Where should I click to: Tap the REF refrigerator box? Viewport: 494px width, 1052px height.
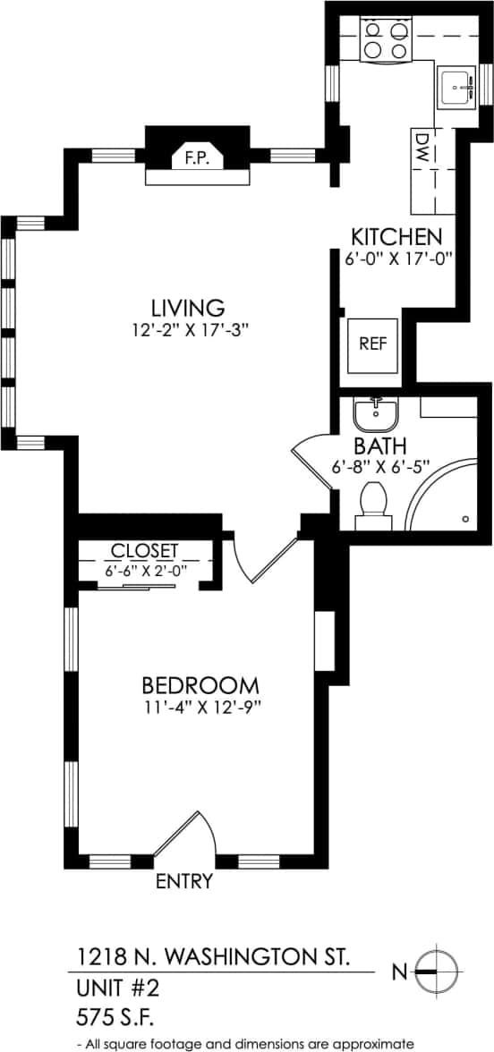click(x=374, y=344)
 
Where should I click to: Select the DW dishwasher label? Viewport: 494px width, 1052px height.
click(x=422, y=152)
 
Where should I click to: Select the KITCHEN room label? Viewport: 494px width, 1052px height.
click(x=396, y=237)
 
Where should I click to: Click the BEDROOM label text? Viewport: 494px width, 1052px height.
click(x=200, y=686)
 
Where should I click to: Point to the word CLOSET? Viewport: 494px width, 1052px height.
click(x=144, y=550)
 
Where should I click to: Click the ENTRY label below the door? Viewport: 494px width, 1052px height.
click(x=184, y=882)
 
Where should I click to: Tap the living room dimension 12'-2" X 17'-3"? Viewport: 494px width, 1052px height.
click(x=186, y=329)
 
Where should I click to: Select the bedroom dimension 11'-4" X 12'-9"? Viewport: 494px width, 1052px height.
click(x=200, y=707)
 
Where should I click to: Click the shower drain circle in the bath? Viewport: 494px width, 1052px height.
click(x=465, y=519)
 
